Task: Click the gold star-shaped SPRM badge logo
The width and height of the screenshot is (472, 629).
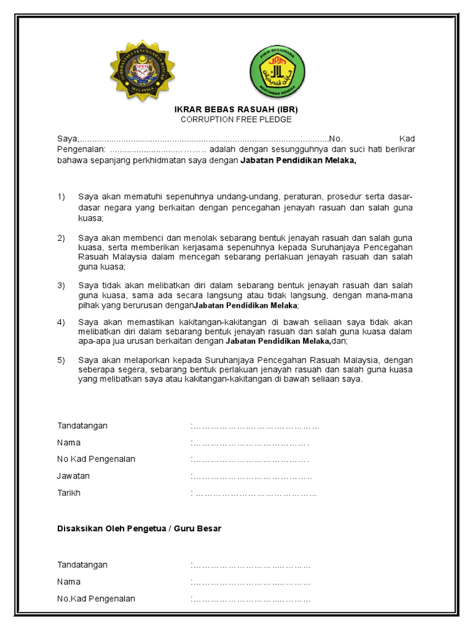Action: tap(141, 70)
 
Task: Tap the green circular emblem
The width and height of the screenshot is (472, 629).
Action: tap(276, 72)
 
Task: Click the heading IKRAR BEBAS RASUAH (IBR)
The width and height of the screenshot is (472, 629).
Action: tap(236, 109)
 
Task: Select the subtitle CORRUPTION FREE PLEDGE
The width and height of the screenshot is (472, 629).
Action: tap(236, 120)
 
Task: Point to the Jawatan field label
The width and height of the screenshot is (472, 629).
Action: tap(73, 476)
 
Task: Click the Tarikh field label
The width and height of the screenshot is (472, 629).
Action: tap(69, 493)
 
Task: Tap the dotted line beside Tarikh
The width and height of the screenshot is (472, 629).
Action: tap(255, 493)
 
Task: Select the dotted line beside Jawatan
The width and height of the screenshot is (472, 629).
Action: tap(252, 477)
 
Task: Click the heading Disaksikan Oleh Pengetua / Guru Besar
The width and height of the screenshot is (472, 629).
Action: tap(139, 528)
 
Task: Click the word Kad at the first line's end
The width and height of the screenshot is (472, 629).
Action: tap(407, 138)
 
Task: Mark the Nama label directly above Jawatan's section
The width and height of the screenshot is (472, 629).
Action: tap(69, 442)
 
